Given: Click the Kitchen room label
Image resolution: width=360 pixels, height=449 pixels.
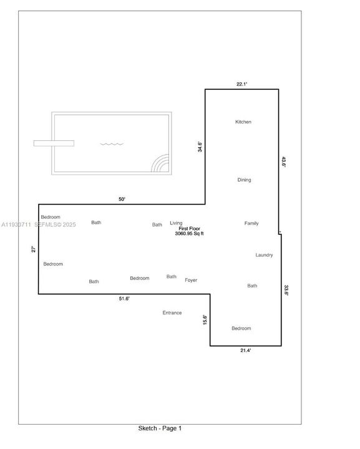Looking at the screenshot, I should pos(243,122).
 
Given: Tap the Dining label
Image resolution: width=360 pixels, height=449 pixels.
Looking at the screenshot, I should pos(244,180).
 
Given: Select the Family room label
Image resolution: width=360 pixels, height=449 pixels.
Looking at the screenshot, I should pos(251,223).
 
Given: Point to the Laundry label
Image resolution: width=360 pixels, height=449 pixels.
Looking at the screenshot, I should pos(265,255).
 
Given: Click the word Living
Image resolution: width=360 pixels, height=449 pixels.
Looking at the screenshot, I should pos(176,223).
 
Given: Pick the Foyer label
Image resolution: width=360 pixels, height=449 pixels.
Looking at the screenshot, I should pos(191,281).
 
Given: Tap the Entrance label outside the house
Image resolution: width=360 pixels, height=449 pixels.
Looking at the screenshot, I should pos(172,313).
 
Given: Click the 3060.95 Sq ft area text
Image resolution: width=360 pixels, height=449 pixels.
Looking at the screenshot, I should pos(190,234).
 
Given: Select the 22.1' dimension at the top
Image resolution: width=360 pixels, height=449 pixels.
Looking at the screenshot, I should pos(242,84).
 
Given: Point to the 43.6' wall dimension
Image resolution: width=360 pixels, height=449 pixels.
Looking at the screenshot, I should pos(284,161).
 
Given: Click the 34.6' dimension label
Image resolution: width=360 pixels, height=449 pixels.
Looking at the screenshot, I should pos(200,147).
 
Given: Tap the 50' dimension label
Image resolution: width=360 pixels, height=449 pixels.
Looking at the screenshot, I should pos(122,200).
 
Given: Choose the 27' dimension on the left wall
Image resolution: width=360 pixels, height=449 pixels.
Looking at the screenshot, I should pos(34,249).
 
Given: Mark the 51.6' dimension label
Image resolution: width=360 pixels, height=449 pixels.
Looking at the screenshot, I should pos(124,299).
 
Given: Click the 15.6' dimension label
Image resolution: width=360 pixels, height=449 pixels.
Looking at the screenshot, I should pos(205,319).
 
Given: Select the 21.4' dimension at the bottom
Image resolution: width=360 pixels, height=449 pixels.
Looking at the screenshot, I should pos(245,351).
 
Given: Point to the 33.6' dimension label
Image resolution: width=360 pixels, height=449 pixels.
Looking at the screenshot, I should pos(286,291).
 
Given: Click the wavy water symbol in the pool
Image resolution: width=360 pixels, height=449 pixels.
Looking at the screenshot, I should pos(112,144).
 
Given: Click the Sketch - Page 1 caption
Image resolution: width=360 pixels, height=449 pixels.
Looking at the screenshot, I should pos(160,428).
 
